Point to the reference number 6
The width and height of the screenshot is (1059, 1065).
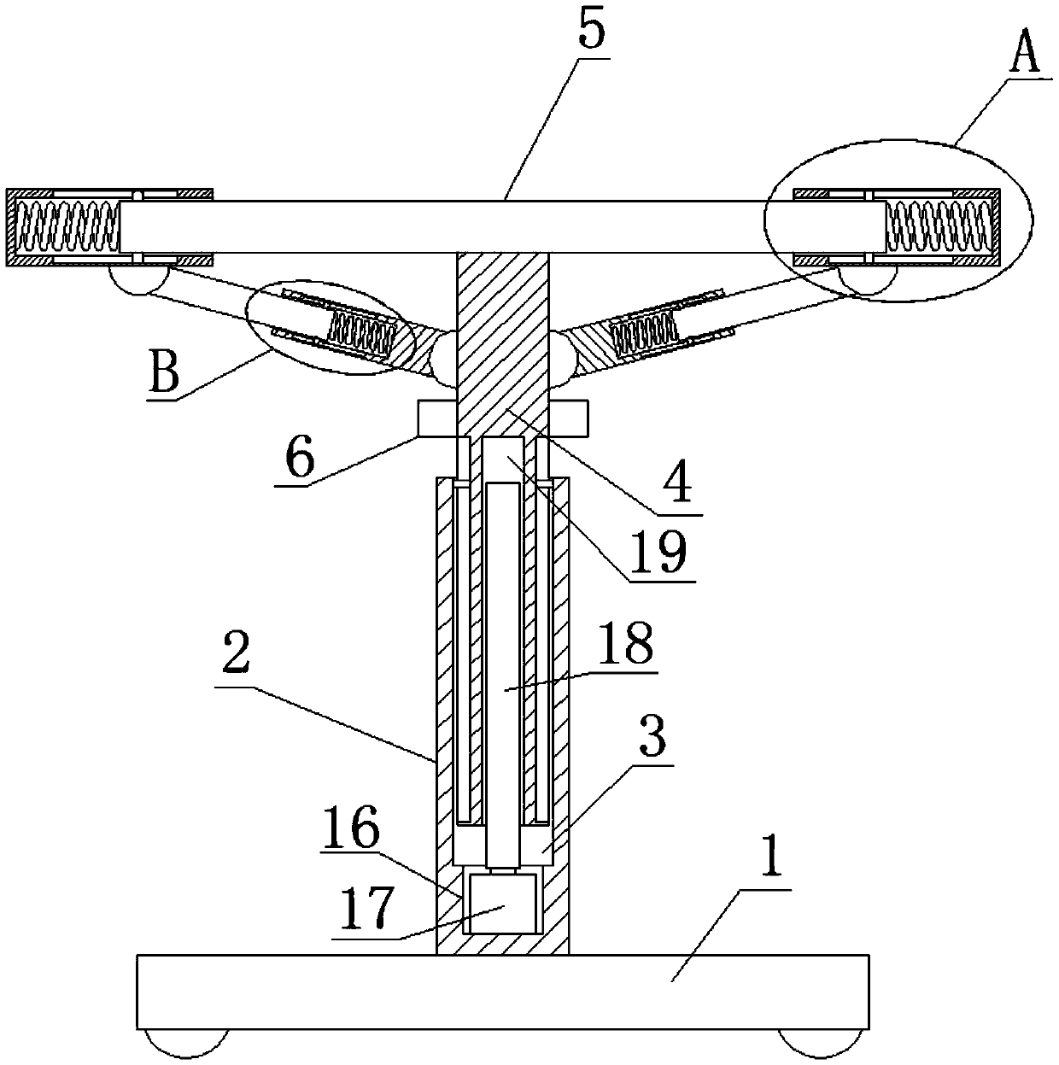click(x=300, y=459)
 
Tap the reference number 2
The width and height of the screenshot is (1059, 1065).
click(x=235, y=656)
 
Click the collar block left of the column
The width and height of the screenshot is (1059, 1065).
click(x=436, y=417)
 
